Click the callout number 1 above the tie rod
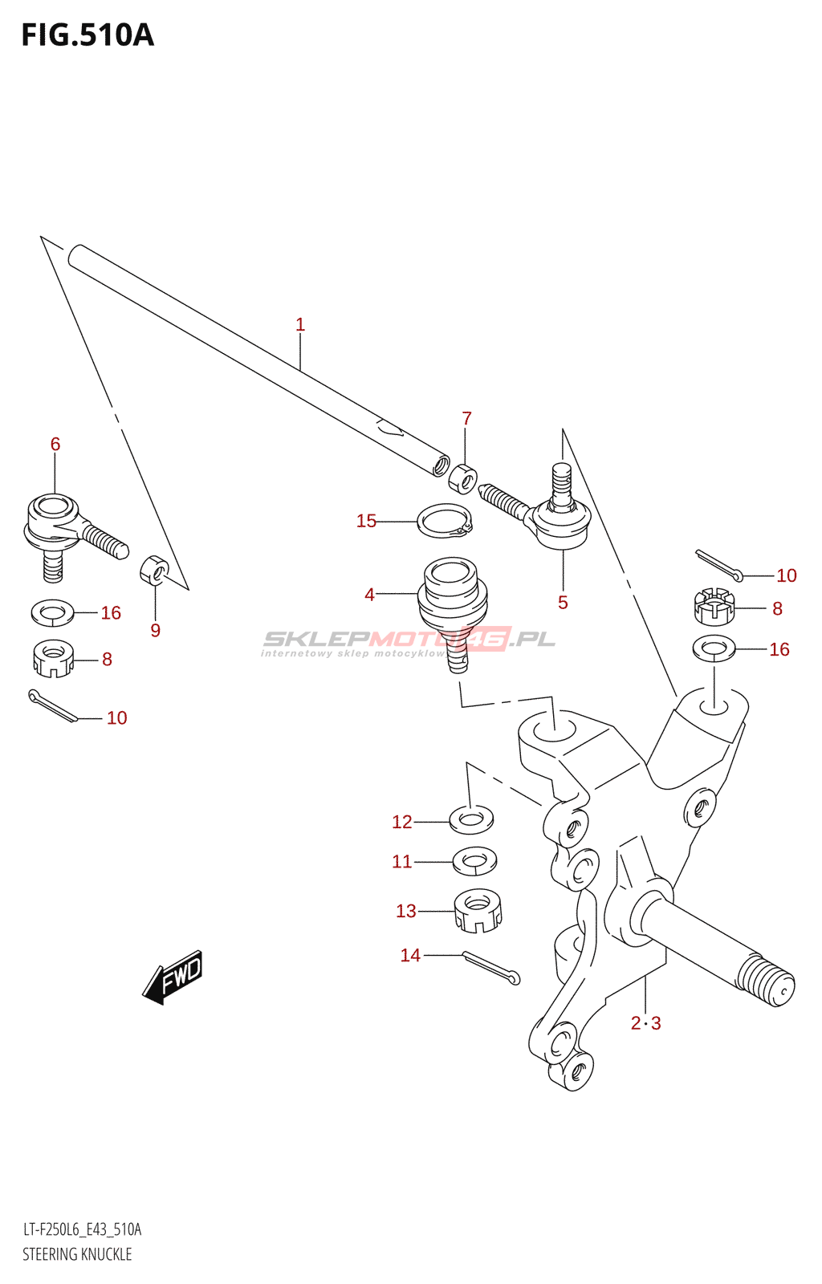coord(300,325)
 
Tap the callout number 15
coord(366,522)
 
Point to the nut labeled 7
coord(463,478)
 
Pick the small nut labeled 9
coord(154,570)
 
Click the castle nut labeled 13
coord(478,911)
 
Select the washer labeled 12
coord(471,819)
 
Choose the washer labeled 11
coord(474,861)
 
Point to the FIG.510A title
coord(87,35)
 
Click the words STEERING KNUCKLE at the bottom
coord(77,1254)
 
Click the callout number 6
coord(55,444)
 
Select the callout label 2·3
coord(645,1023)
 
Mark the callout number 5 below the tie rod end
coord(563,603)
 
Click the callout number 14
coord(410,955)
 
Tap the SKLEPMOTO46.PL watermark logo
coord(409,640)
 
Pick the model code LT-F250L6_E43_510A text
coord(82,1229)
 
